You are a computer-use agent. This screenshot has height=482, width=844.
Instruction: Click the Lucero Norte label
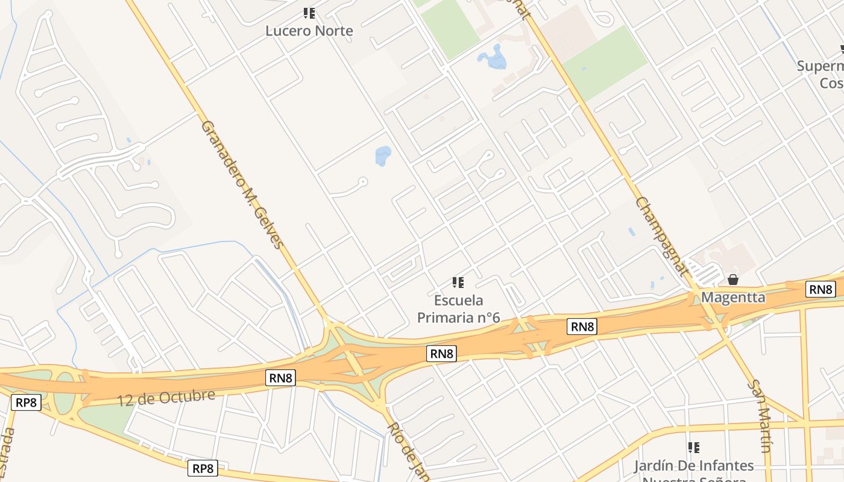(x=309, y=31)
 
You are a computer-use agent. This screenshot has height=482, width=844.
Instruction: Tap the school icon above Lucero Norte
(x=309, y=13)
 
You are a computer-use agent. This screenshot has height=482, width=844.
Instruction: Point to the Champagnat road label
(x=661, y=236)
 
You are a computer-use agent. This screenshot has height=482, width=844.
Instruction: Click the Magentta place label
(x=733, y=298)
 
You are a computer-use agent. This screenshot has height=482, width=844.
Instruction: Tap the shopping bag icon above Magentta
(x=733, y=280)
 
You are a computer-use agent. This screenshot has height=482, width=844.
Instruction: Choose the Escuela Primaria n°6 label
(x=459, y=308)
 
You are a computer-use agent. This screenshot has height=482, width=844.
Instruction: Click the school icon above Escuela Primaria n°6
(x=458, y=282)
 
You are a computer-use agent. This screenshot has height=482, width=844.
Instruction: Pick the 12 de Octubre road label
(x=166, y=398)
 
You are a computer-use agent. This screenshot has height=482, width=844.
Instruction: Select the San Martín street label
(x=760, y=416)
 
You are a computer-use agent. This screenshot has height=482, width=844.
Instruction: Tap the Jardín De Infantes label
(x=693, y=466)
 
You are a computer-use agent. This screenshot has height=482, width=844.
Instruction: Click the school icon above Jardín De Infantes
(x=694, y=448)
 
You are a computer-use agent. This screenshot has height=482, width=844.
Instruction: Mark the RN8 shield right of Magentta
(x=821, y=290)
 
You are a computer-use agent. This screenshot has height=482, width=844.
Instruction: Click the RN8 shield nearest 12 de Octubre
(x=281, y=378)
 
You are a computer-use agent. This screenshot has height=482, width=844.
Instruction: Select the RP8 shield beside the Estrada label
(x=27, y=402)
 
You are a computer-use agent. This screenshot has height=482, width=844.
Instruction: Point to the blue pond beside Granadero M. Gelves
(x=383, y=155)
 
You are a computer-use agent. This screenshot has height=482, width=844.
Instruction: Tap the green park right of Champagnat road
(x=605, y=62)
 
